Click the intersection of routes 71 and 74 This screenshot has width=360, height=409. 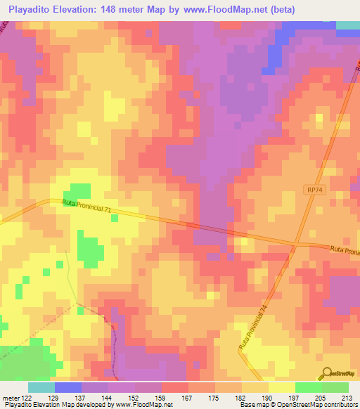click(x=296, y=245)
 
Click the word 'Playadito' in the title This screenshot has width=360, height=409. click(x=32, y=9)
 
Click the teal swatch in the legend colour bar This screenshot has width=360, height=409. click(x=41, y=387)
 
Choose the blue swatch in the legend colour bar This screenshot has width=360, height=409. click(x=68, y=387)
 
